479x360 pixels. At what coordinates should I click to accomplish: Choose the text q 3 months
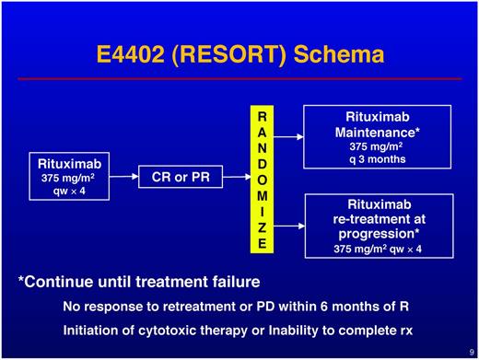click(x=380, y=158)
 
